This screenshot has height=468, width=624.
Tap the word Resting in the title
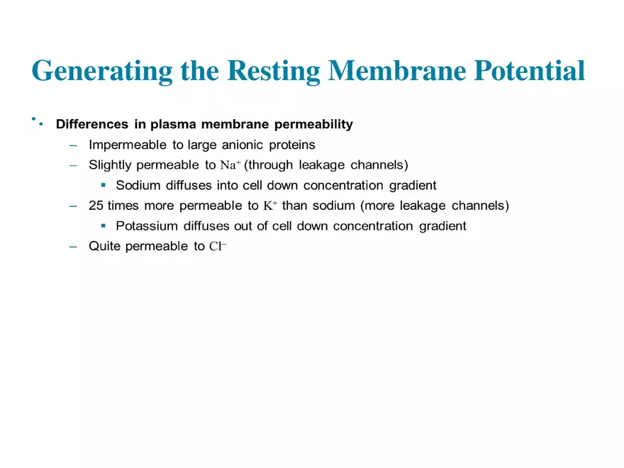[275, 71]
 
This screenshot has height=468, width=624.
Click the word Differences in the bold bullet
[91, 125]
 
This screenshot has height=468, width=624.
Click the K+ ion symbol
[269, 206]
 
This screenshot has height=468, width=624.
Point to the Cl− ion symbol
[217, 247]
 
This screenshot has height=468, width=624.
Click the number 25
[96, 206]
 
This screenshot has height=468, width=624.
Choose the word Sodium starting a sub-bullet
[138, 186]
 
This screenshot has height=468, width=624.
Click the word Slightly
[109, 166]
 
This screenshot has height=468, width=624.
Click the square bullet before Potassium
[103, 227]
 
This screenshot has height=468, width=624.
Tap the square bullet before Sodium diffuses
[103, 186]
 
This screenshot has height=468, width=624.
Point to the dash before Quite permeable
[73, 247]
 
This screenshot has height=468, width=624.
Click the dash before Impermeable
[73, 145]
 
